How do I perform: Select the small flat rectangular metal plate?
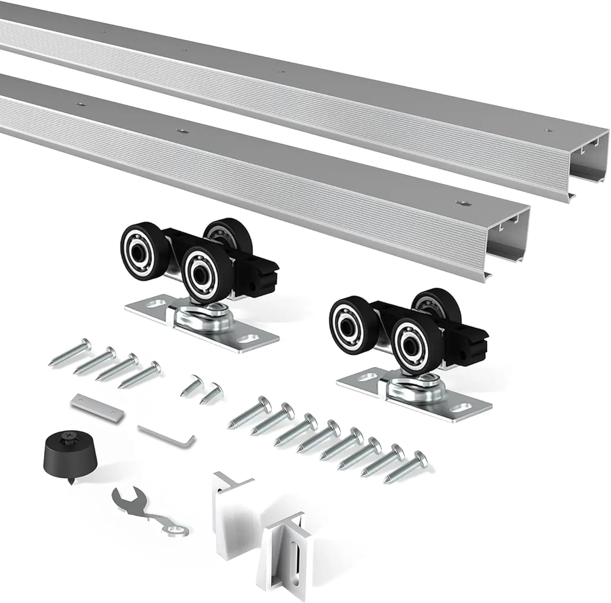(97, 409)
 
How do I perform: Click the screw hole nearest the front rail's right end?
(462, 203)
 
